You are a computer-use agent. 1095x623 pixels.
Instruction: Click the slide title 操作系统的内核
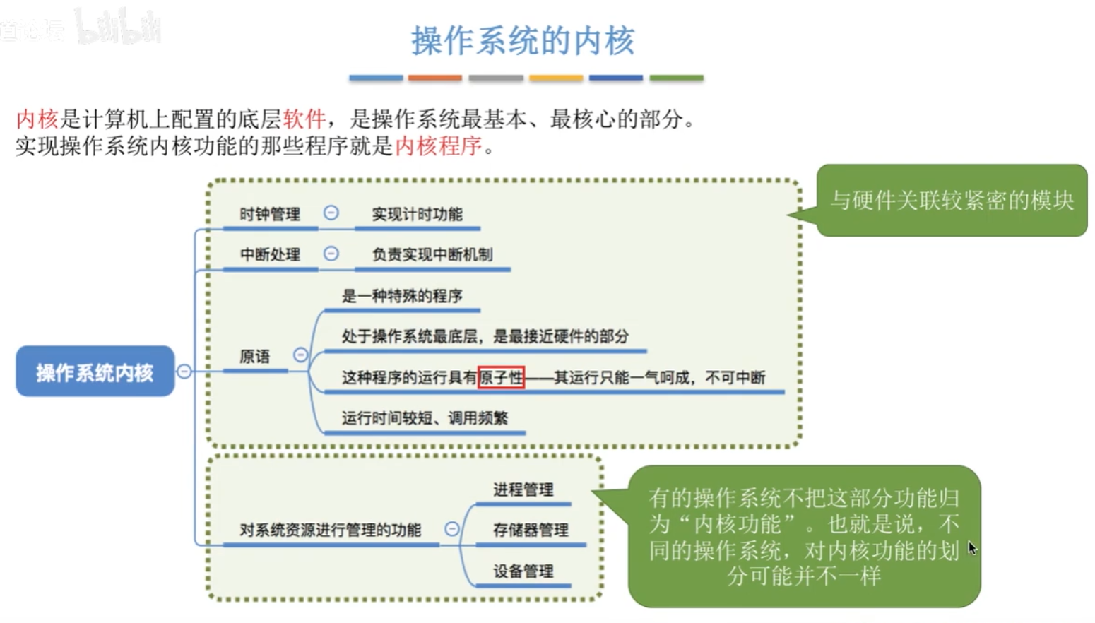[x=523, y=41]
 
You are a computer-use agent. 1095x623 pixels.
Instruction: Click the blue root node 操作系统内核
[x=95, y=372]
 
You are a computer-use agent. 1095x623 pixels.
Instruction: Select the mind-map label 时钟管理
[x=269, y=214]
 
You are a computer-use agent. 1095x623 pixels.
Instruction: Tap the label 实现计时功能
[x=417, y=214]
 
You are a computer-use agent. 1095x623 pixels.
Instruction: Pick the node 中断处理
[x=269, y=254]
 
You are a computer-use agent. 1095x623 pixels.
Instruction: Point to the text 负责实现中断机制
[x=432, y=254]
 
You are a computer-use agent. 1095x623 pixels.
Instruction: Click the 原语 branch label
[x=254, y=356]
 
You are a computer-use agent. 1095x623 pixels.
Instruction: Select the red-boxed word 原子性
[x=501, y=377]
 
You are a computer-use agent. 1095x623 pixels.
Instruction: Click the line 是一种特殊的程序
[x=401, y=295]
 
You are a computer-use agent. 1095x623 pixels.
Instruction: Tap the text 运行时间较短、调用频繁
[x=424, y=417]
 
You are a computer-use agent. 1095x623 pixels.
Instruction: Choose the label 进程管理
[x=523, y=490]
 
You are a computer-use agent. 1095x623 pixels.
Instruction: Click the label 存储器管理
[x=530, y=530]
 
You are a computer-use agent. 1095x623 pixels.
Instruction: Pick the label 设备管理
[x=523, y=571]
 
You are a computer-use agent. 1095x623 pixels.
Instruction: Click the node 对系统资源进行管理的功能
[x=330, y=530]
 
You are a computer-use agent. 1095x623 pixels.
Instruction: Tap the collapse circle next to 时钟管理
[x=331, y=213]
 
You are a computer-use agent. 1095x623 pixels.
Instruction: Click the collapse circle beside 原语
[x=300, y=355]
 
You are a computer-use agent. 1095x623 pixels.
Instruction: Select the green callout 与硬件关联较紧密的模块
[x=951, y=201]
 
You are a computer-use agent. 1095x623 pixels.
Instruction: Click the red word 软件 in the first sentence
[x=304, y=119]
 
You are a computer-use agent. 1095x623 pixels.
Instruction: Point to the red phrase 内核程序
[x=438, y=146]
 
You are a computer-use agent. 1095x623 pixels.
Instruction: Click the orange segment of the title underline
[x=434, y=78]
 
